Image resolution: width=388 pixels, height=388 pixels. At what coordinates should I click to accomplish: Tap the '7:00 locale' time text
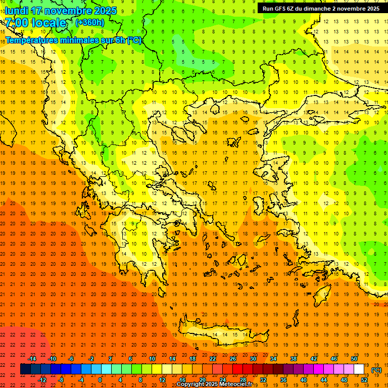35,22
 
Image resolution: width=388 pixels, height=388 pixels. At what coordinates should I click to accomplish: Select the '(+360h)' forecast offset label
89,22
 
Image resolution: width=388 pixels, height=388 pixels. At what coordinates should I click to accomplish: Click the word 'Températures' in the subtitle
34,40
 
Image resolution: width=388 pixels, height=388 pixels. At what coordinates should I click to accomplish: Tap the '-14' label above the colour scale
32,359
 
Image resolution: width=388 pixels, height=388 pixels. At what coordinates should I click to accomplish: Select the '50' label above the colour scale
354,359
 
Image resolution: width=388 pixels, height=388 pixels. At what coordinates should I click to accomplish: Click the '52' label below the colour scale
364,380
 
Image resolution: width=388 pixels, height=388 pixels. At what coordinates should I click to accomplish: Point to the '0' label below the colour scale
100,380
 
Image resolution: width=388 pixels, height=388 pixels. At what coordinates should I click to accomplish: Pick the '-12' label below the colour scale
42,380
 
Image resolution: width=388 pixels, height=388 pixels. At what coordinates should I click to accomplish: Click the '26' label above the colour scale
233,359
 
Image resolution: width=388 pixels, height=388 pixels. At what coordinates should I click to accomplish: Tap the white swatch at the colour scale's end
359,369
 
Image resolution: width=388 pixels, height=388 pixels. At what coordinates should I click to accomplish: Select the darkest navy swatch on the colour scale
25,369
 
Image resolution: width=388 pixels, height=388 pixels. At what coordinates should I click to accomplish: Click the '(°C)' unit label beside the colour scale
376,370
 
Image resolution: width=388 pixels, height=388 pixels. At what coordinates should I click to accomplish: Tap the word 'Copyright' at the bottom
190,384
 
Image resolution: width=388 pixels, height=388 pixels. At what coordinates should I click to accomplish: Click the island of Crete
217,335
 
